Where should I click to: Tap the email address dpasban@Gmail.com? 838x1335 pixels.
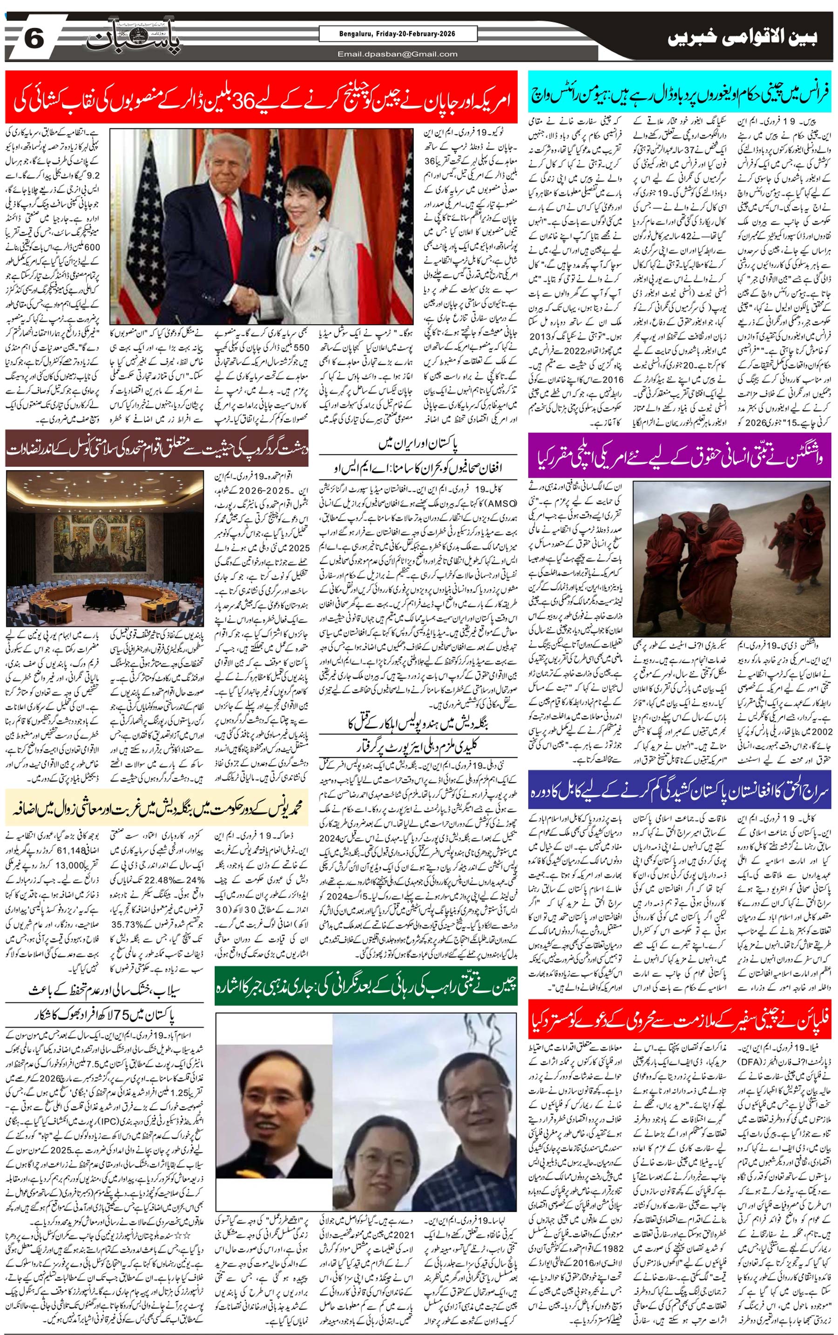[398, 54]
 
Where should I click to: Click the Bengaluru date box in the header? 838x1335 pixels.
[398, 34]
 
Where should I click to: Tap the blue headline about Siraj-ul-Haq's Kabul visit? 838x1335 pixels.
[680, 788]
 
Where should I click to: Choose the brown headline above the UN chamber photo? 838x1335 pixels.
[157, 448]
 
